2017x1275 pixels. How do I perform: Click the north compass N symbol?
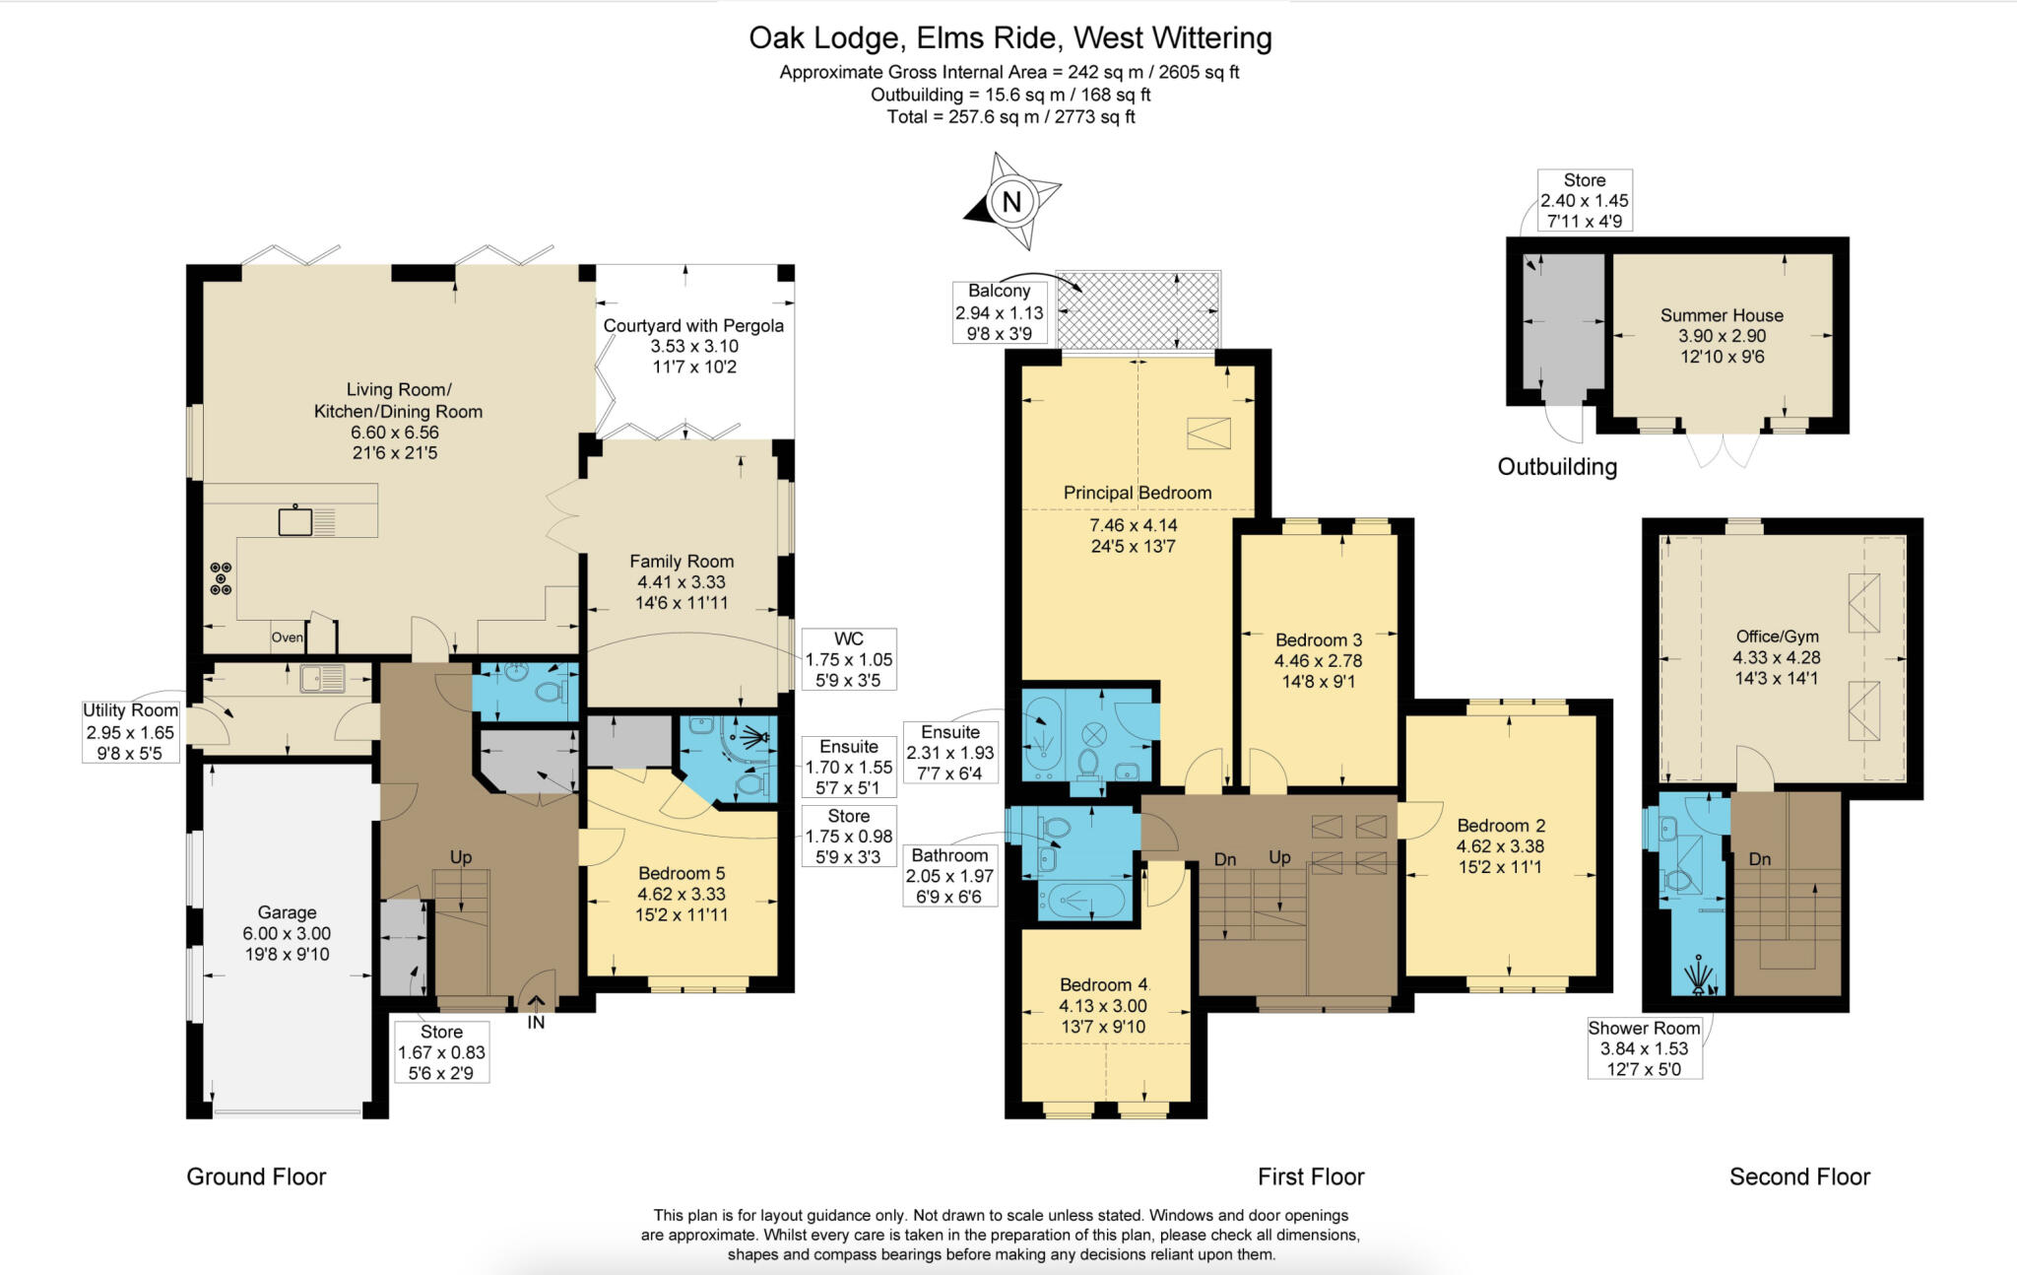(x=1011, y=202)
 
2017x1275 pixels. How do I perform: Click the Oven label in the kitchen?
(x=287, y=637)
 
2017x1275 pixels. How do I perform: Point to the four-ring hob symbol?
(x=221, y=578)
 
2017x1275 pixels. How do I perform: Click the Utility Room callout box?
(x=130, y=731)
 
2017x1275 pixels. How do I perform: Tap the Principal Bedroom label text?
(x=1138, y=493)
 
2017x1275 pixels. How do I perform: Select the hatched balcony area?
(x=1138, y=310)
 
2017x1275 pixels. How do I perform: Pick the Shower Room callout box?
(x=1644, y=1048)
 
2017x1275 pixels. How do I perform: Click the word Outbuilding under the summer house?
(x=1557, y=467)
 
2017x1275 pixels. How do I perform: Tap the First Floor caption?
(x=1311, y=1176)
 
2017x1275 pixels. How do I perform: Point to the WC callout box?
(x=848, y=659)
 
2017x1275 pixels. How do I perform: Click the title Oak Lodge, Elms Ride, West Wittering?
(x=1010, y=38)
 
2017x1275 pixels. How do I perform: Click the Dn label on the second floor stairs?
(x=1760, y=859)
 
